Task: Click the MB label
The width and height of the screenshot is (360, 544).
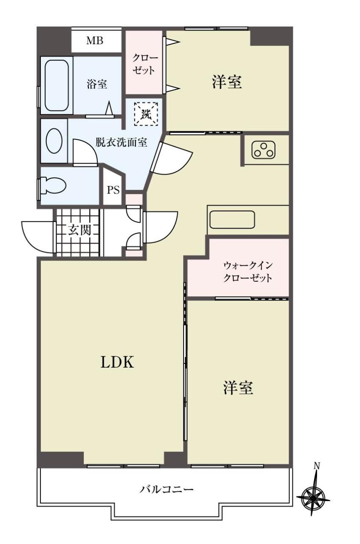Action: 95,40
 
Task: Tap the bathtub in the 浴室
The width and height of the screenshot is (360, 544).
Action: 57,85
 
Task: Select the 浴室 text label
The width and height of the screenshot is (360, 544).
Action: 97,84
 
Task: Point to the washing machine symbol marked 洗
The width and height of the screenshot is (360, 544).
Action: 146,114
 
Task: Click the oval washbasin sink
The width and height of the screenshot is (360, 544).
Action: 54,141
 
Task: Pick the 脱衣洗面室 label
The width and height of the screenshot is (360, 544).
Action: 121,142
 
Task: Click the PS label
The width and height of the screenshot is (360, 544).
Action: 113,190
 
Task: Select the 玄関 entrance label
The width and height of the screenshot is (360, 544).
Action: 79,230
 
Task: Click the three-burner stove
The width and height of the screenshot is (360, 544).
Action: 264,150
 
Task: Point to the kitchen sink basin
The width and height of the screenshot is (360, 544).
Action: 232,220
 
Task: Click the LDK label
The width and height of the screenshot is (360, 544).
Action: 117,363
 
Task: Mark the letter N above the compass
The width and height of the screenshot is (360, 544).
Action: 317,466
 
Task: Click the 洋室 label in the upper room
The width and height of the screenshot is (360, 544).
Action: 227,82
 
